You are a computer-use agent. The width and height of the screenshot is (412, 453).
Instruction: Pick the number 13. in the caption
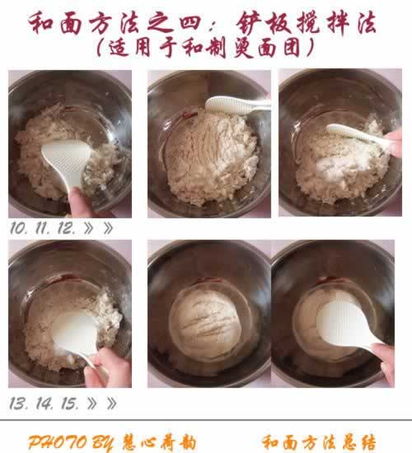[19, 403]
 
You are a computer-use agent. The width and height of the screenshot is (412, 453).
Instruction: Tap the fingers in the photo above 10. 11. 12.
[79, 201]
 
